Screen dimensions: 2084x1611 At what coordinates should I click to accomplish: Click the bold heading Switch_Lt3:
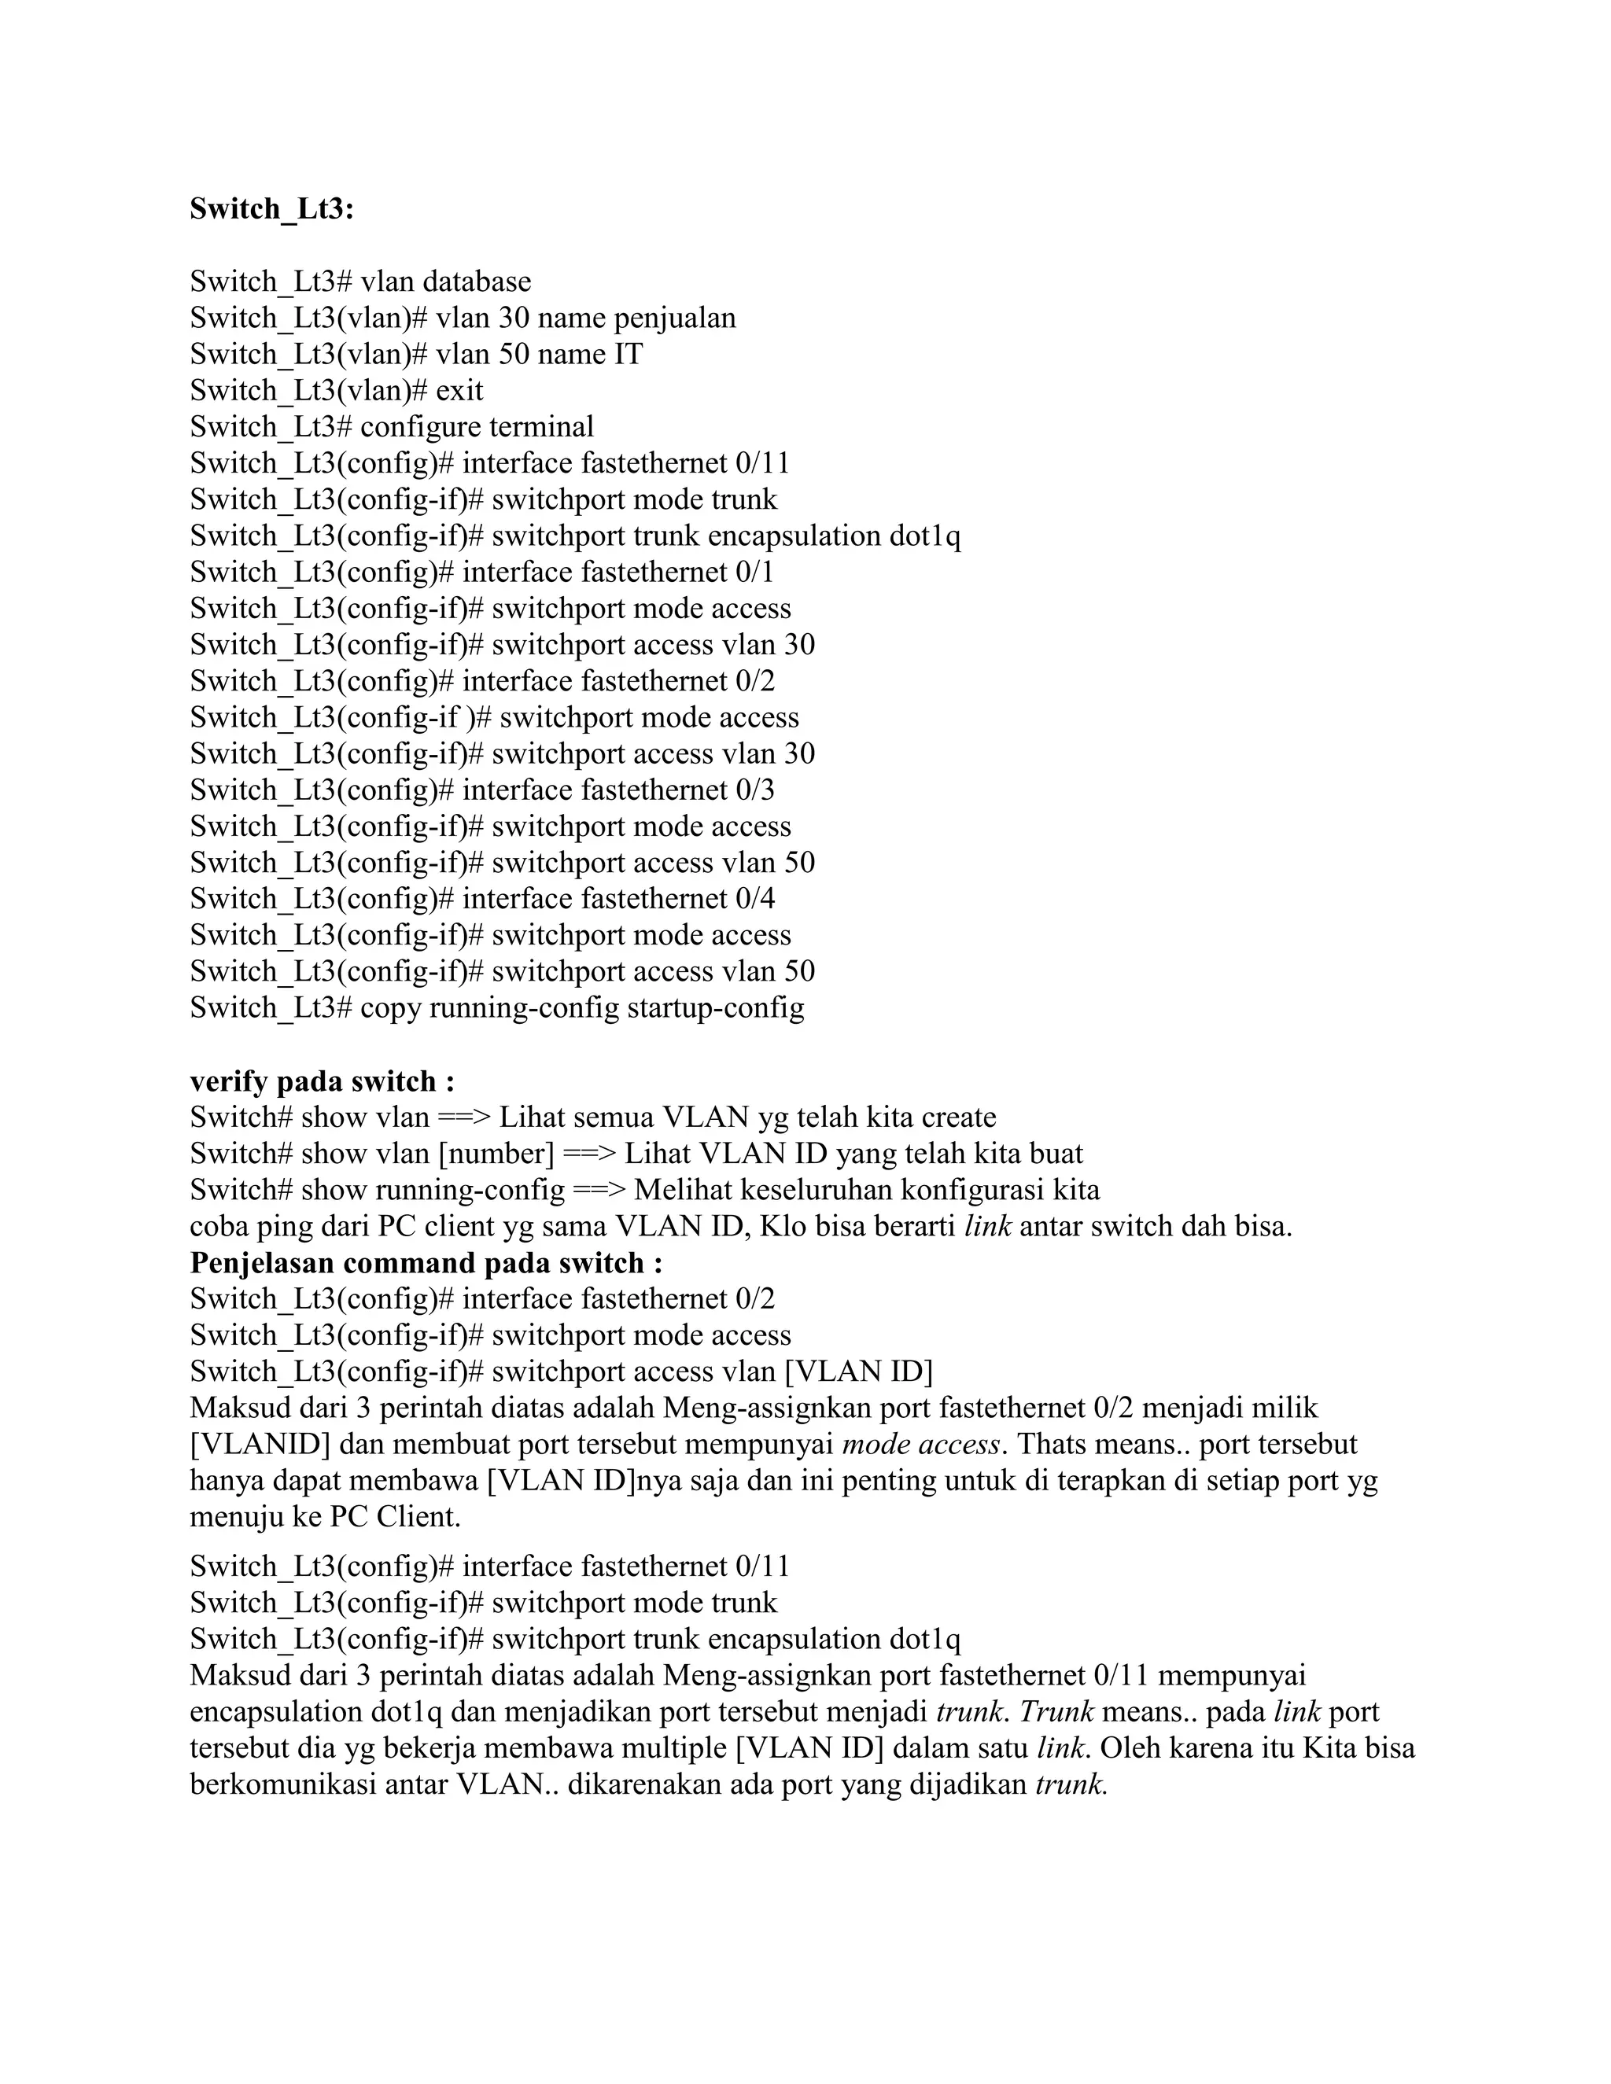click(x=272, y=209)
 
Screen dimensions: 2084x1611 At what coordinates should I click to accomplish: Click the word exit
click(x=459, y=390)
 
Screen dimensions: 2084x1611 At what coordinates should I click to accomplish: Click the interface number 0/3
click(x=755, y=790)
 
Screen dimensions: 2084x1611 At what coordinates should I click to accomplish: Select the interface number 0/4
click(x=755, y=899)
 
